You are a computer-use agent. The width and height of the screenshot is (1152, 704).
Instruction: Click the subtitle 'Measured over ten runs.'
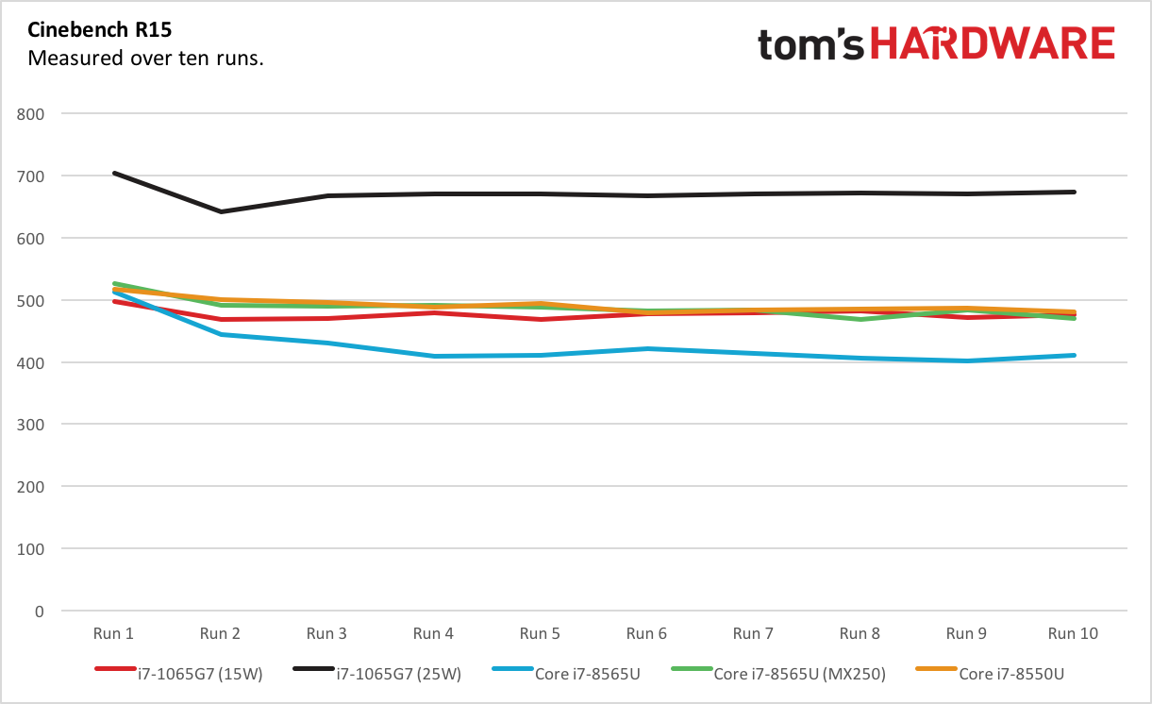[x=145, y=59]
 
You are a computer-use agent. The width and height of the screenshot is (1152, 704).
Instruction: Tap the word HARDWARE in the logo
[x=992, y=44]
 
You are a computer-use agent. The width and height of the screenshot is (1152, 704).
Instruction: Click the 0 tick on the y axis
[x=39, y=612]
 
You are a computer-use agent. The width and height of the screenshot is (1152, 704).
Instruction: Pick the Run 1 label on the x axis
[x=113, y=633]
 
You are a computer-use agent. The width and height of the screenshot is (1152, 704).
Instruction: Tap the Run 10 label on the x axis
[x=1074, y=633]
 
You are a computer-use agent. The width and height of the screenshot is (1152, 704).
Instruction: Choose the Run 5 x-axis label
[x=540, y=633]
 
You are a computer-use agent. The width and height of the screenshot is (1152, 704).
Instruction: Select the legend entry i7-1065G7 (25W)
[x=399, y=674]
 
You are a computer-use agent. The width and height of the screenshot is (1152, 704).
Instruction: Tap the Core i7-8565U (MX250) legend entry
[x=799, y=674]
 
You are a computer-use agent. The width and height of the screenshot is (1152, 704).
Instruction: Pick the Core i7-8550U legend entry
[x=1009, y=674]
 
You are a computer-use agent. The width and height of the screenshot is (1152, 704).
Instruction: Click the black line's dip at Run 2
[x=221, y=211]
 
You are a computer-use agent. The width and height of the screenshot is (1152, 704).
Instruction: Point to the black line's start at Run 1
[x=114, y=174]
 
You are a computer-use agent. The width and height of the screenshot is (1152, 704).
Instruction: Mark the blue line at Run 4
[x=434, y=356]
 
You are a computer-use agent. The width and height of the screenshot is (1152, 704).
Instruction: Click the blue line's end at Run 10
[x=1074, y=355]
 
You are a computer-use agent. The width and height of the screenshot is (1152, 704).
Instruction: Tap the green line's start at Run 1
[x=114, y=284]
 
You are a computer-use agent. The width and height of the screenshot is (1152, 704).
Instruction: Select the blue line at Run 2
[x=221, y=334]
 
